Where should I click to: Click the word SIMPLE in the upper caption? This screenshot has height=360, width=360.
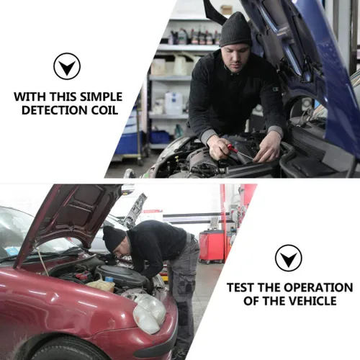coord(101,96)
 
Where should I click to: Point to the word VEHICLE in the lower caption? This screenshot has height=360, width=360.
coord(312,301)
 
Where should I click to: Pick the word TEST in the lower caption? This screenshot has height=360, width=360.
coord(240,287)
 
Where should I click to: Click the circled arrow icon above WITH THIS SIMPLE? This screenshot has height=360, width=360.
coord(67,66)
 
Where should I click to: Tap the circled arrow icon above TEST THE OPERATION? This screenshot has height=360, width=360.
coord(289,258)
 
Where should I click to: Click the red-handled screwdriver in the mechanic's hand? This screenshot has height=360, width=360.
coord(238,152)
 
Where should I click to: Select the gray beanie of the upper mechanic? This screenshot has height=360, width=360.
coord(236,30)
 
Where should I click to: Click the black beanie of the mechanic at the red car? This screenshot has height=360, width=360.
coord(114,238)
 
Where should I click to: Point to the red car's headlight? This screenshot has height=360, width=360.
coord(149,314)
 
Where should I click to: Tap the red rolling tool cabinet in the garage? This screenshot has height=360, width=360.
coord(212,246)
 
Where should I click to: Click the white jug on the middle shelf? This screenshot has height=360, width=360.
coord(174,103)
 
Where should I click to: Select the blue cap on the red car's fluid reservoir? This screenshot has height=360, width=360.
coord(109,279)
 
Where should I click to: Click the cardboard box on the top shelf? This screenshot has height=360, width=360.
coord(226,9)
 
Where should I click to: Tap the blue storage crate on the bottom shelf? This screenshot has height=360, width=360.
coord(161,138)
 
